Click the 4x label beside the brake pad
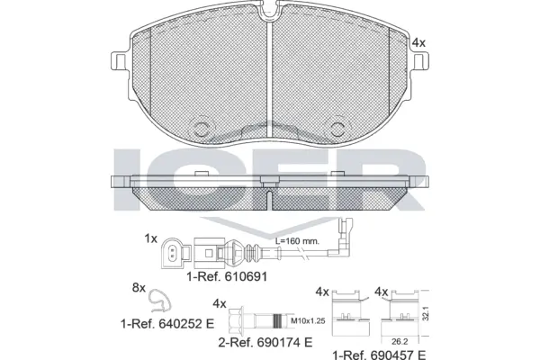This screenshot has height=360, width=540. tap(418, 42)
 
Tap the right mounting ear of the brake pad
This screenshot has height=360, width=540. tap(421, 62)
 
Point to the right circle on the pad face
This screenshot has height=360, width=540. tap(339, 127)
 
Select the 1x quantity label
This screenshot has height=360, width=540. tap(150, 238)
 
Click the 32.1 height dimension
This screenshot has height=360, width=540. tap(436, 311)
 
